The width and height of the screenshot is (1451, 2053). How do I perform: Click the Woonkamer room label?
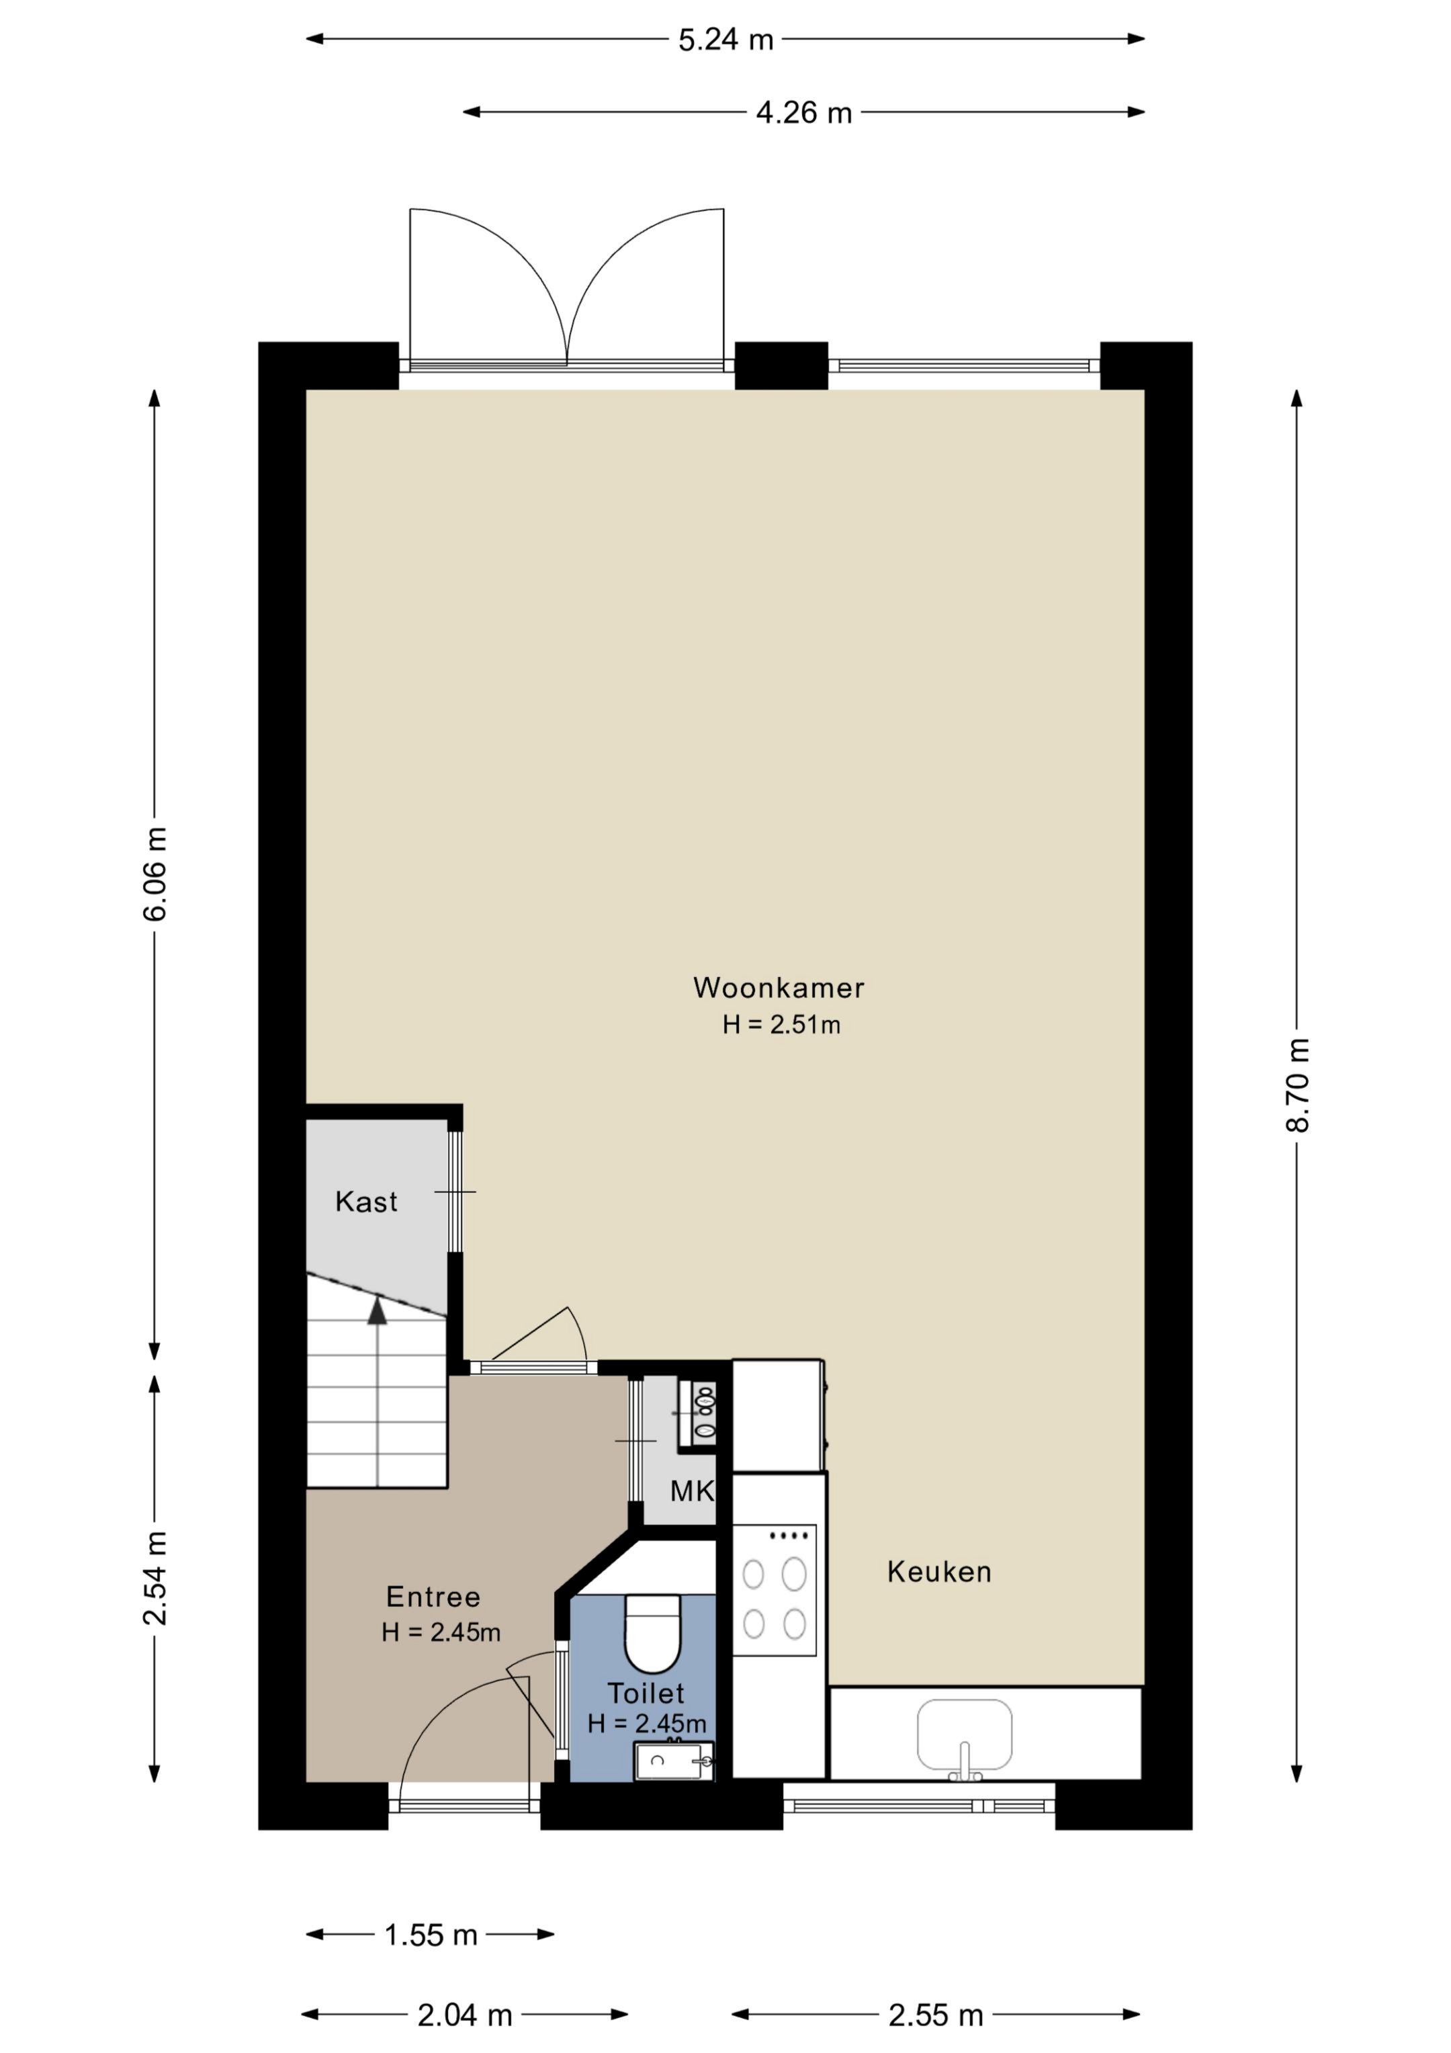coord(779,988)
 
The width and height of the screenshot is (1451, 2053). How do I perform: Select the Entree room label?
coord(433,1597)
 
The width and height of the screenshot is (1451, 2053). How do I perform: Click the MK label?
coord(693,1491)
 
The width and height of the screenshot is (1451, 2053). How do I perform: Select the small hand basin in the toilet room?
coord(673,1761)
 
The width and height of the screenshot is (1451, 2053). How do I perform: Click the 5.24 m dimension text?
coord(725,40)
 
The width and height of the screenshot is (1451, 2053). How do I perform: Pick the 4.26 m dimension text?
coord(803,114)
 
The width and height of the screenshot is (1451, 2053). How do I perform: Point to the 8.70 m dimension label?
coord(1297,1085)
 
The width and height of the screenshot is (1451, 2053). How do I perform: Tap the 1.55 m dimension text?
coord(431,1935)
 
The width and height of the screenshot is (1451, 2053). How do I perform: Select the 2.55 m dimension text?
coord(936,2015)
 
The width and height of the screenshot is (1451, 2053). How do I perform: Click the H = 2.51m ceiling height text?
coord(781,1025)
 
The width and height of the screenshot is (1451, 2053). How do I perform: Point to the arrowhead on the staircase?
coord(378,1311)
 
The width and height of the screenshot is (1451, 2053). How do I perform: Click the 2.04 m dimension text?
coord(465,2015)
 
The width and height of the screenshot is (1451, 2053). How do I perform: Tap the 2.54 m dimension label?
coord(155,1577)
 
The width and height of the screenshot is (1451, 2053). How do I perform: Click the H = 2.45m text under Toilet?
coord(646,1723)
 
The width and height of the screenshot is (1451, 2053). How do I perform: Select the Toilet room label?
coord(646,1693)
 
